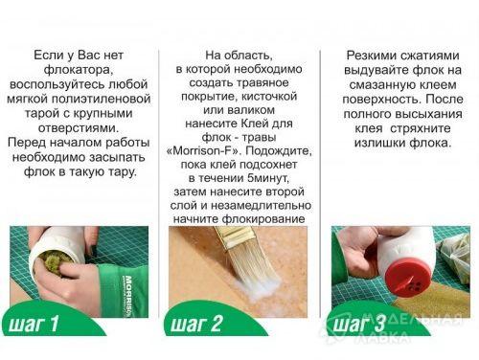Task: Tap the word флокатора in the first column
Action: (x=79, y=70)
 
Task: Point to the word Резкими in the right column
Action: (x=371, y=56)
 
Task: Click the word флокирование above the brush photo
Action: (x=263, y=219)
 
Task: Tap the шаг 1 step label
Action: (x=34, y=323)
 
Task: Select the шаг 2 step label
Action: (x=195, y=323)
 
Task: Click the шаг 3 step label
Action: (x=358, y=324)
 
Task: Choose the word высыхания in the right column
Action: (x=429, y=114)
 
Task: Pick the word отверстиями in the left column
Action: (x=79, y=128)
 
